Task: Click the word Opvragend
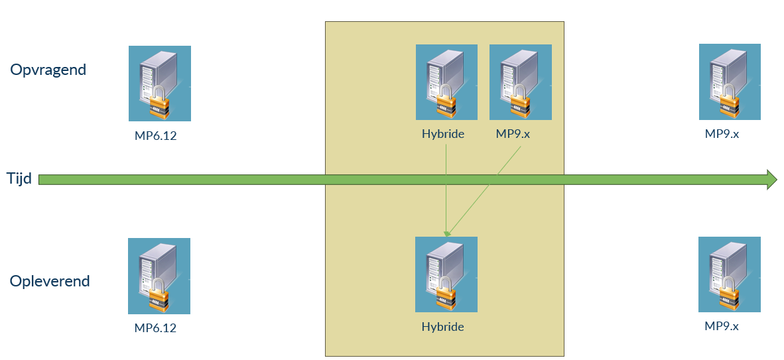point(48,70)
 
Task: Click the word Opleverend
point(50,281)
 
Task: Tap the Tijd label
point(19,179)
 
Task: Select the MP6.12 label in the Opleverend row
point(156,328)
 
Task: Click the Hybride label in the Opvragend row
point(442,134)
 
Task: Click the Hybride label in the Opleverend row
point(442,327)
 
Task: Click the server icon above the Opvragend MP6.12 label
point(159,83)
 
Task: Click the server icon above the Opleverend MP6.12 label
point(159,276)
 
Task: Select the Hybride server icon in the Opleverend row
point(446,274)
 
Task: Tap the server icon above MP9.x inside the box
point(520,82)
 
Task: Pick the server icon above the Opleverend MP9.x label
point(730,274)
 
